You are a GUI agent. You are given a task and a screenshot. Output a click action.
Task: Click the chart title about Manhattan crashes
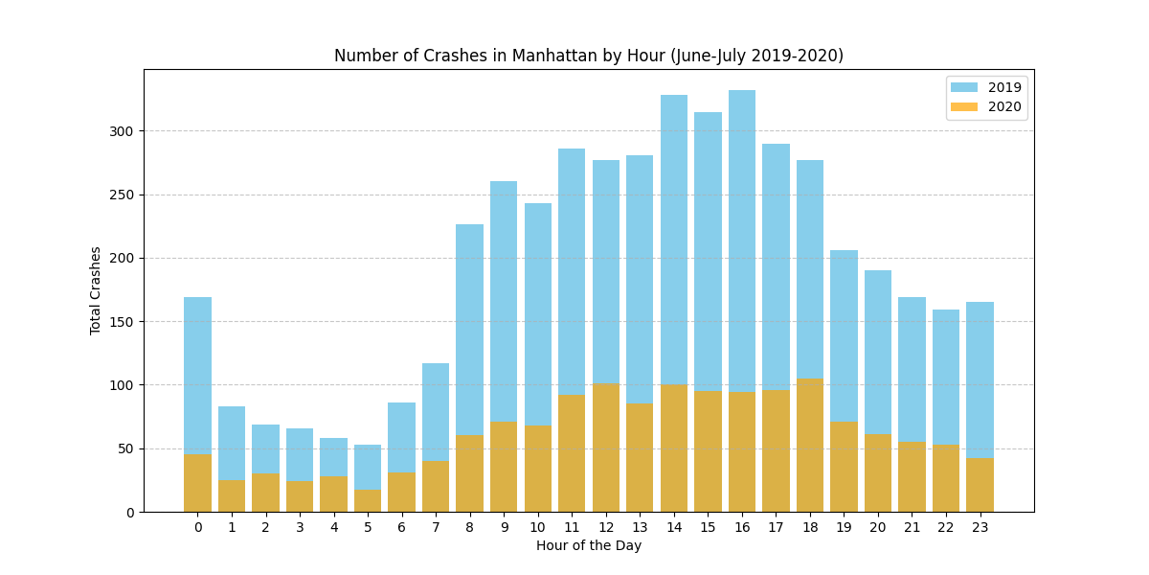pyautogui.click(x=588, y=56)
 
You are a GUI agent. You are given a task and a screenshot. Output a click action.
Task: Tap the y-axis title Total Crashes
pyautogui.click(x=96, y=289)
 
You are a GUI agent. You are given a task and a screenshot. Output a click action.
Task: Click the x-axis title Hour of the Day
pyautogui.click(x=588, y=546)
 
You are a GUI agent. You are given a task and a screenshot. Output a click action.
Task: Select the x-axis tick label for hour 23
pyautogui.click(x=980, y=526)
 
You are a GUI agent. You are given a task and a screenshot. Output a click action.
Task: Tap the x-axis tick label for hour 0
pyautogui.click(x=198, y=526)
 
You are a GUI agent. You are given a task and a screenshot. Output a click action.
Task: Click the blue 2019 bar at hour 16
pyautogui.click(x=742, y=240)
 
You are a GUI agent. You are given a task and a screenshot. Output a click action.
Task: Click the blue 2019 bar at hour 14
pyautogui.click(x=674, y=240)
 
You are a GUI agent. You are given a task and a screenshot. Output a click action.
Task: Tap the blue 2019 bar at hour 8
pyautogui.click(x=470, y=326)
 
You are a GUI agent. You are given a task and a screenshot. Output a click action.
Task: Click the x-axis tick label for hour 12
pyautogui.click(x=606, y=526)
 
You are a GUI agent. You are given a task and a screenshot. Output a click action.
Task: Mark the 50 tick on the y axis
pyautogui.click(x=126, y=448)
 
